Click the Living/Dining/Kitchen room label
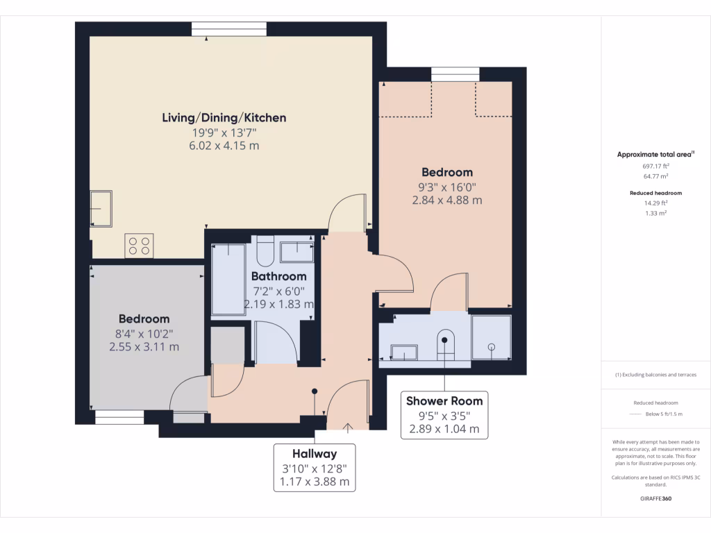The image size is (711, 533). pos(224,118)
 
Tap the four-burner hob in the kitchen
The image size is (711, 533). pos(139,246)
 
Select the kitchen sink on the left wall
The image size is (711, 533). pos(102,208)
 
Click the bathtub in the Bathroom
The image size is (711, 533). pos(228,279)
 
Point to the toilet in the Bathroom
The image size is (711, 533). pos(265,252)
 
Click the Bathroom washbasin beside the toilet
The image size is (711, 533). pos(297,251)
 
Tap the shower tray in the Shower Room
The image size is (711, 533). pos(492,338)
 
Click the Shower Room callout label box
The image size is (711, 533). pos(444,414)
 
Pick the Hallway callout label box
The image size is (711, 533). pos(315,467)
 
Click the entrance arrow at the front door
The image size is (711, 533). pos(348,425)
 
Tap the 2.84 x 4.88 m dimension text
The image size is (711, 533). pos(446,201)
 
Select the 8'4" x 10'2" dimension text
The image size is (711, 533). pos(144,333)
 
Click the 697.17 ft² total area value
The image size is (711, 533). pos(655,167)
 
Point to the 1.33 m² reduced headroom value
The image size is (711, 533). pos(655,213)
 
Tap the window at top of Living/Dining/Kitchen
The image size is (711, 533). pos(228,28)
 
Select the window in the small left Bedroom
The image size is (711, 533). pos(119,417)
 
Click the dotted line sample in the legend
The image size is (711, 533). pos(637,414)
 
